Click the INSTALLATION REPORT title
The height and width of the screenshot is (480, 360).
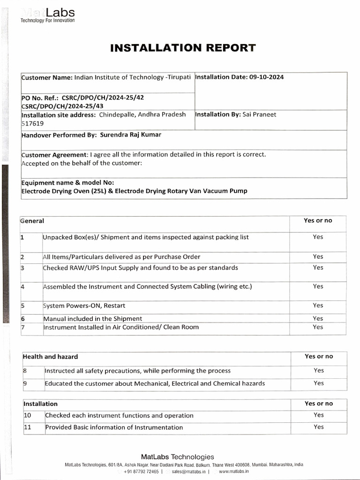[x=183, y=48]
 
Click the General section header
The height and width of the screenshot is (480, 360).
[x=32, y=221]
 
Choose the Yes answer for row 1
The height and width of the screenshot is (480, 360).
[x=318, y=237]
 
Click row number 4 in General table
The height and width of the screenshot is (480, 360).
[x=22, y=286]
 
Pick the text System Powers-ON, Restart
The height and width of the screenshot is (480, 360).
[x=84, y=306]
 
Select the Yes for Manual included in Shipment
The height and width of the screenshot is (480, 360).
[x=318, y=318]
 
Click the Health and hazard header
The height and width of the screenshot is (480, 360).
[x=51, y=357]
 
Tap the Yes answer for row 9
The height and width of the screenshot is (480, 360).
[x=319, y=383]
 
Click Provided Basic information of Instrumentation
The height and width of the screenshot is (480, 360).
[x=114, y=427]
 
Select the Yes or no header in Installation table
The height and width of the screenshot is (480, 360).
[x=319, y=404]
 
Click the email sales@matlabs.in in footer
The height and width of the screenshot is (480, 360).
[x=189, y=472]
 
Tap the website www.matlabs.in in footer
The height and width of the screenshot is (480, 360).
[x=233, y=472]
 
